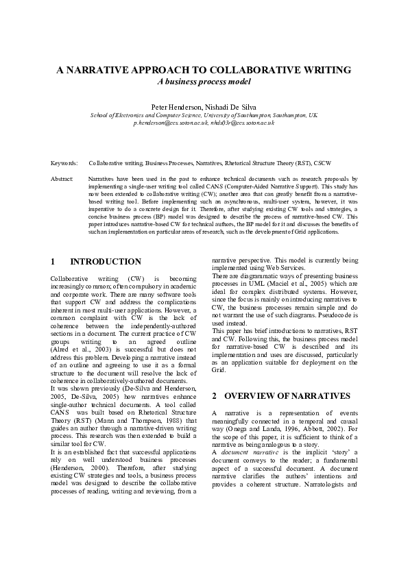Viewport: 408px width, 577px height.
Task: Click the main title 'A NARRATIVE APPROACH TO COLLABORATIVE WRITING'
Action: (x=204, y=70)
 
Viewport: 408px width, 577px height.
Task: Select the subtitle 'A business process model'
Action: (x=204, y=82)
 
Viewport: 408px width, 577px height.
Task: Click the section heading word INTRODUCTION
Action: (x=106, y=262)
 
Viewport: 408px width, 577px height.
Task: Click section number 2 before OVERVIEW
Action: (x=215, y=396)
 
